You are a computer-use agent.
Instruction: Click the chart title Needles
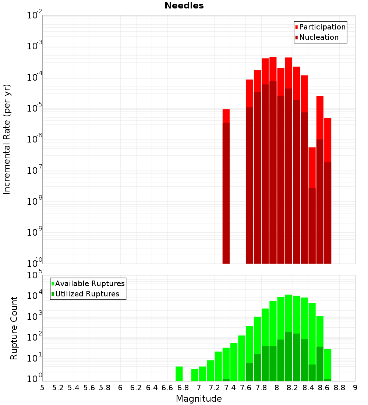click(184, 6)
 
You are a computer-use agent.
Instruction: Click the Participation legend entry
click(322, 27)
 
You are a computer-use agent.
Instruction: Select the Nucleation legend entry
click(319, 37)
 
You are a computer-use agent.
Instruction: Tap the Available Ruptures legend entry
click(90, 283)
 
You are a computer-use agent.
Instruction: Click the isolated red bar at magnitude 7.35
click(226, 184)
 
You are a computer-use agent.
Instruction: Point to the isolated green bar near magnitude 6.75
click(179, 374)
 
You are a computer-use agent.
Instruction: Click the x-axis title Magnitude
click(199, 399)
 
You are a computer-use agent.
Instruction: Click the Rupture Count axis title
click(14, 328)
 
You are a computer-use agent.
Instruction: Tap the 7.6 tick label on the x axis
click(246, 388)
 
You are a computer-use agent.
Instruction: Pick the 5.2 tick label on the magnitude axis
click(58, 388)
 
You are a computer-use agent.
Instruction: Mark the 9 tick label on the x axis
click(355, 388)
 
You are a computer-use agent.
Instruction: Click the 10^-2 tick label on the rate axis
click(35, 15)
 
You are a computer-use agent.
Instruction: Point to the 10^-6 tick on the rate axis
click(35, 139)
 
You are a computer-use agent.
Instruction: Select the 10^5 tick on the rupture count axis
click(35, 275)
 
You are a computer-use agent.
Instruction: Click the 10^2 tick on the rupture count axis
click(35, 337)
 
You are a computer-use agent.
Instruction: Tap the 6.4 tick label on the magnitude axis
click(152, 388)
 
